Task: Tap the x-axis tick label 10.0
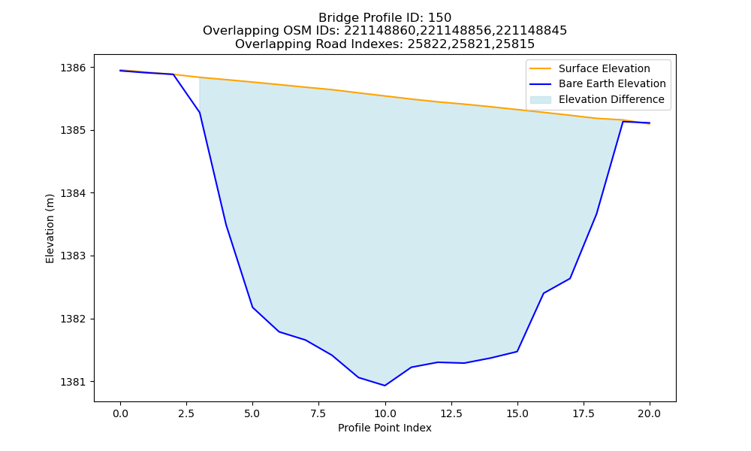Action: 385,413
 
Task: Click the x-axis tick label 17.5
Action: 584,413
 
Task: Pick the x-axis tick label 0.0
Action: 121,413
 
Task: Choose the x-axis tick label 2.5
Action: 187,413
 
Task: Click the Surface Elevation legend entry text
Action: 605,68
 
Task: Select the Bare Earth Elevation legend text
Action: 612,84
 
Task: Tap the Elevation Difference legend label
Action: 611,100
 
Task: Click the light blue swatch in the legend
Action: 540,100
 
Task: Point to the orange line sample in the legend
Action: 540,68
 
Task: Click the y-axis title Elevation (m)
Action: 50,229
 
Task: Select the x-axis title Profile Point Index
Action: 385,428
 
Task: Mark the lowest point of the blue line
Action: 385,386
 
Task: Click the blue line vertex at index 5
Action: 252,307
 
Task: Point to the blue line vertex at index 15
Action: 517,351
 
